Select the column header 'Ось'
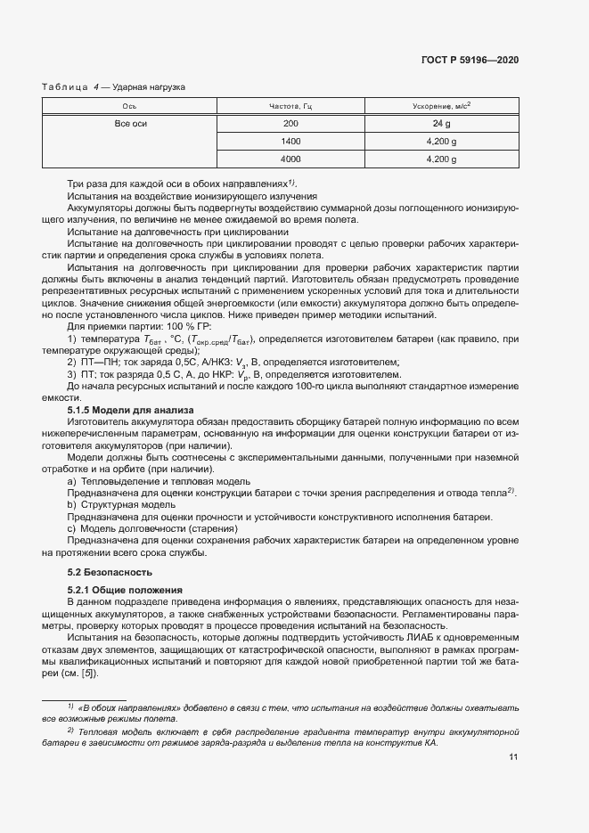point(129,106)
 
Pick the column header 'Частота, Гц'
point(290,106)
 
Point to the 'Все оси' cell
point(129,124)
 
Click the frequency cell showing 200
point(290,124)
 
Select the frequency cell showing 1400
point(290,142)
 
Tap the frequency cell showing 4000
point(290,159)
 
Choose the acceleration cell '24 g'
point(441,124)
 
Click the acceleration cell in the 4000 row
point(441,159)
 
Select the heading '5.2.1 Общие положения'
point(125,590)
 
